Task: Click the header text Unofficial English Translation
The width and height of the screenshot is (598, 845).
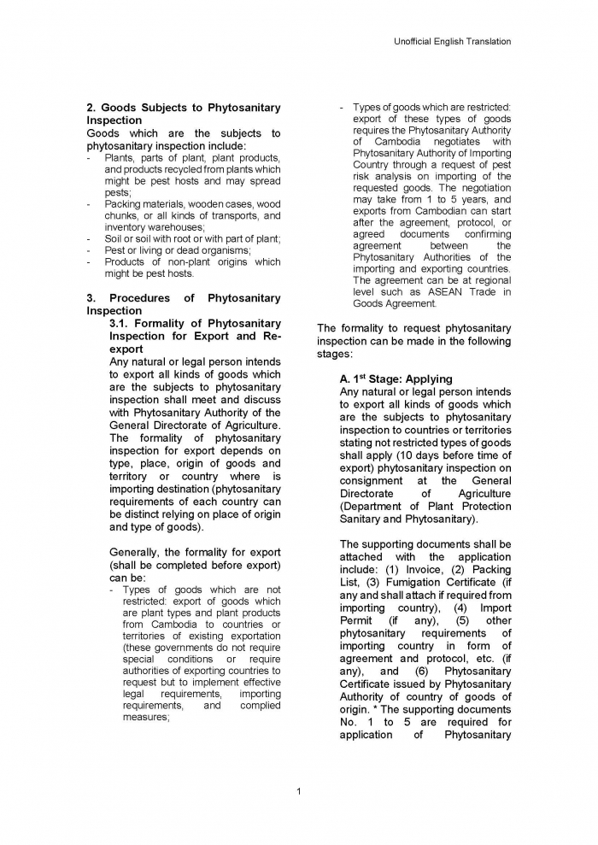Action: tap(453, 41)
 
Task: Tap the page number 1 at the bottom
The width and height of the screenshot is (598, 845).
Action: tap(298, 791)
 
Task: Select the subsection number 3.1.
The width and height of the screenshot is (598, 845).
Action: tap(123, 324)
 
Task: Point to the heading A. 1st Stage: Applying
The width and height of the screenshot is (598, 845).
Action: tap(396, 378)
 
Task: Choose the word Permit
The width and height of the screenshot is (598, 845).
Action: tap(355, 620)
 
